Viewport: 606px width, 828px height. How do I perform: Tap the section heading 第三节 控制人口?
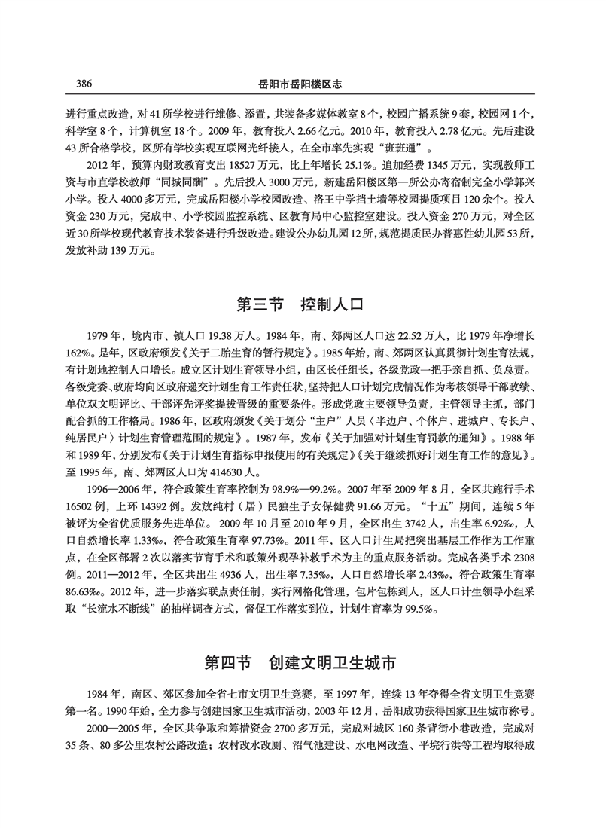(x=300, y=305)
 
